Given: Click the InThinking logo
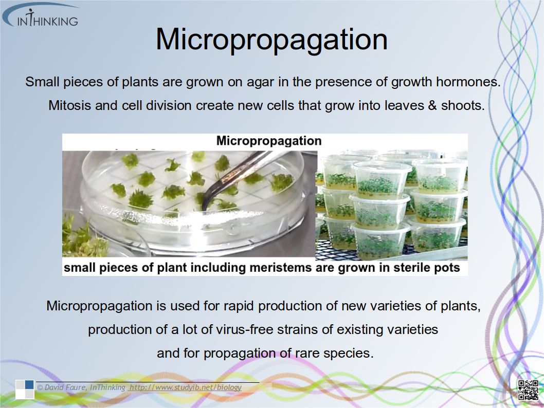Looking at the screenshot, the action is tap(41, 15).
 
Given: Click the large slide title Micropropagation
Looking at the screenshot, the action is tap(271, 40).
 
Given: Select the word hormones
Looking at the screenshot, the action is tap(468, 82).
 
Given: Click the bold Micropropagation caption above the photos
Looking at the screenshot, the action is tap(269, 141).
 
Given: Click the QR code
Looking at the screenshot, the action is tap(529, 390).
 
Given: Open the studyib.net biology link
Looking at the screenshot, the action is tap(185, 387).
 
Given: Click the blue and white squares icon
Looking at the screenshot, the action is tap(25, 390).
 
